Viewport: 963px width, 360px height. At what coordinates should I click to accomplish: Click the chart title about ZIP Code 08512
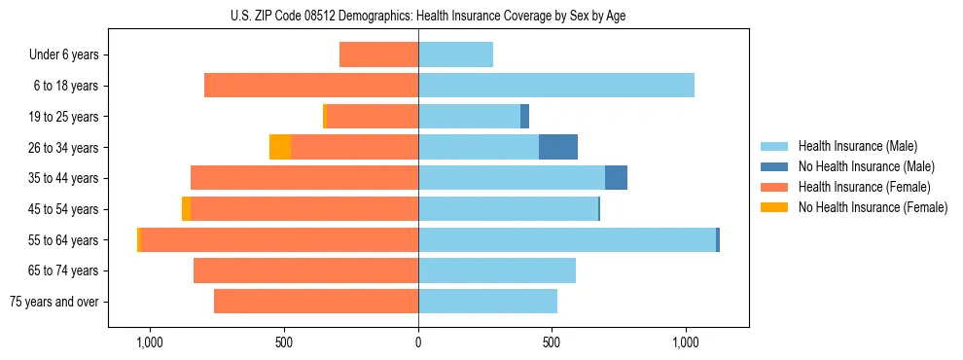(481, 16)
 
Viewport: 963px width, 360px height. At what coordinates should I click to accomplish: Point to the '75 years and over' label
(54, 302)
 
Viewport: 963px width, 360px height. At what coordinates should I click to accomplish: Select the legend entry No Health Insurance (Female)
(873, 207)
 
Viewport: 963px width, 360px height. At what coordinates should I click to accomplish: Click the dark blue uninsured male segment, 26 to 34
(558, 147)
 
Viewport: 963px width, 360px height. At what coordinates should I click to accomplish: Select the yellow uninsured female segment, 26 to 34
(280, 147)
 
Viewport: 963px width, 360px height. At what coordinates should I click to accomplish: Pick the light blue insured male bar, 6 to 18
(556, 86)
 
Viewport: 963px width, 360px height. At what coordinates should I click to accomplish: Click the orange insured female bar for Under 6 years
(378, 54)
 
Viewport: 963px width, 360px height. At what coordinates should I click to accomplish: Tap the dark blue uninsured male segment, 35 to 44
(616, 178)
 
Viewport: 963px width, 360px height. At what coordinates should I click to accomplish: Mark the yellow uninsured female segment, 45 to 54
(186, 209)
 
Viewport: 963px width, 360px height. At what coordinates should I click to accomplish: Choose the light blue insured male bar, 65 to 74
(497, 270)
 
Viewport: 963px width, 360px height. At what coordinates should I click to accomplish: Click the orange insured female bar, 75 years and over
(316, 302)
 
